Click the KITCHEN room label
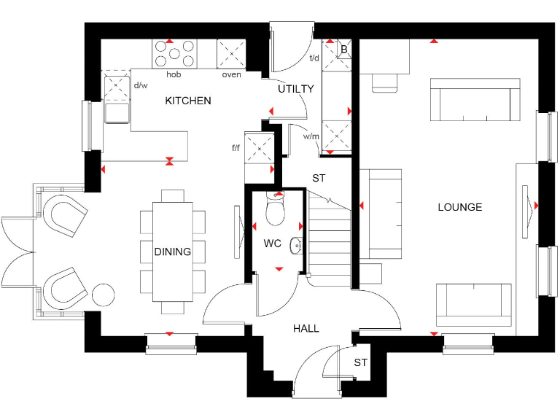(188, 101)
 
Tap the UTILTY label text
(295, 89)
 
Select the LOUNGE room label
(459, 207)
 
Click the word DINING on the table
(173, 252)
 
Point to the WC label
(273, 244)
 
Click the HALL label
(306, 328)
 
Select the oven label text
(231, 74)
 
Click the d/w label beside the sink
(141, 85)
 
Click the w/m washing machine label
(311, 136)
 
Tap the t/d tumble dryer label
(315, 58)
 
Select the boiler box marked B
(344, 49)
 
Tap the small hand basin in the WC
(296, 246)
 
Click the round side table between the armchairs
(104, 295)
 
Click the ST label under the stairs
(319, 178)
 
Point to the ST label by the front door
(360, 362)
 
